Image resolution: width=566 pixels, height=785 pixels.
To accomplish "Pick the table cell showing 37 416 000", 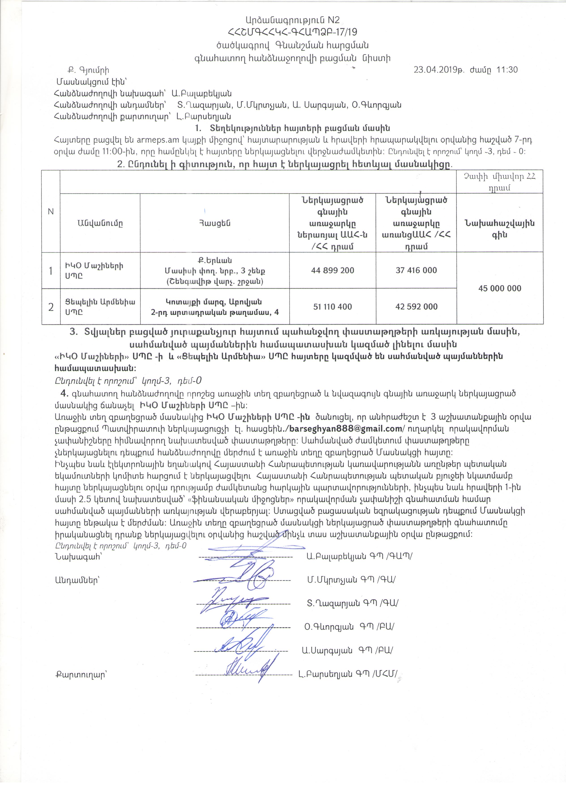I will [416, 270].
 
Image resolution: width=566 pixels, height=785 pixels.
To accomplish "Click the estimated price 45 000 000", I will [500, 288].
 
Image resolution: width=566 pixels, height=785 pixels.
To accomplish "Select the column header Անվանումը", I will [100, 223].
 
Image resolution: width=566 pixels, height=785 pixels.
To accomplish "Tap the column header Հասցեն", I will [215, 223].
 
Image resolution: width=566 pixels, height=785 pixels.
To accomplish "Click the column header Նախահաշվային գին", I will [500, 229].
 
